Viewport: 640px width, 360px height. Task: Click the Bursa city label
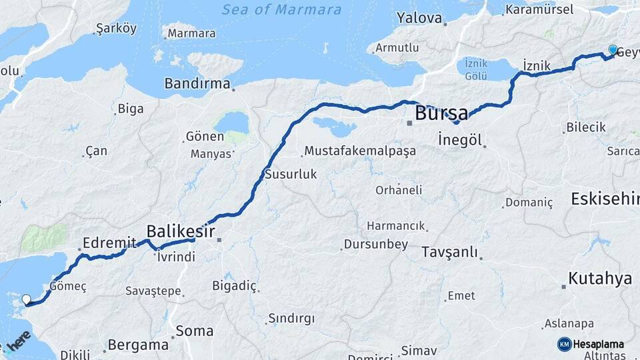coord(441,113)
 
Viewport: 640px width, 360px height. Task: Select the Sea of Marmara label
coord(281,10)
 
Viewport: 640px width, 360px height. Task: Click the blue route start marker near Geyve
coord(613,50)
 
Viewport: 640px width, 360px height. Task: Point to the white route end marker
coord(27,300)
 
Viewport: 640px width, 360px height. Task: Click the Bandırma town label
coord(197,85)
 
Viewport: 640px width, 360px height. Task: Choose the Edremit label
coord(110,243)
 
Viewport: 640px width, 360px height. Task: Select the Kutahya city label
coord(599,279)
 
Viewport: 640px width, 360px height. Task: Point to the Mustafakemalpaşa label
coord(361,151)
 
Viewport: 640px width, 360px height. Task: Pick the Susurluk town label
coord(291,174)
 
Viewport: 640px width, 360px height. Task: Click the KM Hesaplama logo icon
coord(564,344)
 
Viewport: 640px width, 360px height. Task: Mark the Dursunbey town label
coord(375,245)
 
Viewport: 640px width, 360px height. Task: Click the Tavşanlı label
coord(450,252)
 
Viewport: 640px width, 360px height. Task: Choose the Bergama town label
coord(138,345)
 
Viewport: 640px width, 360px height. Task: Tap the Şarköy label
coord(116,28)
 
